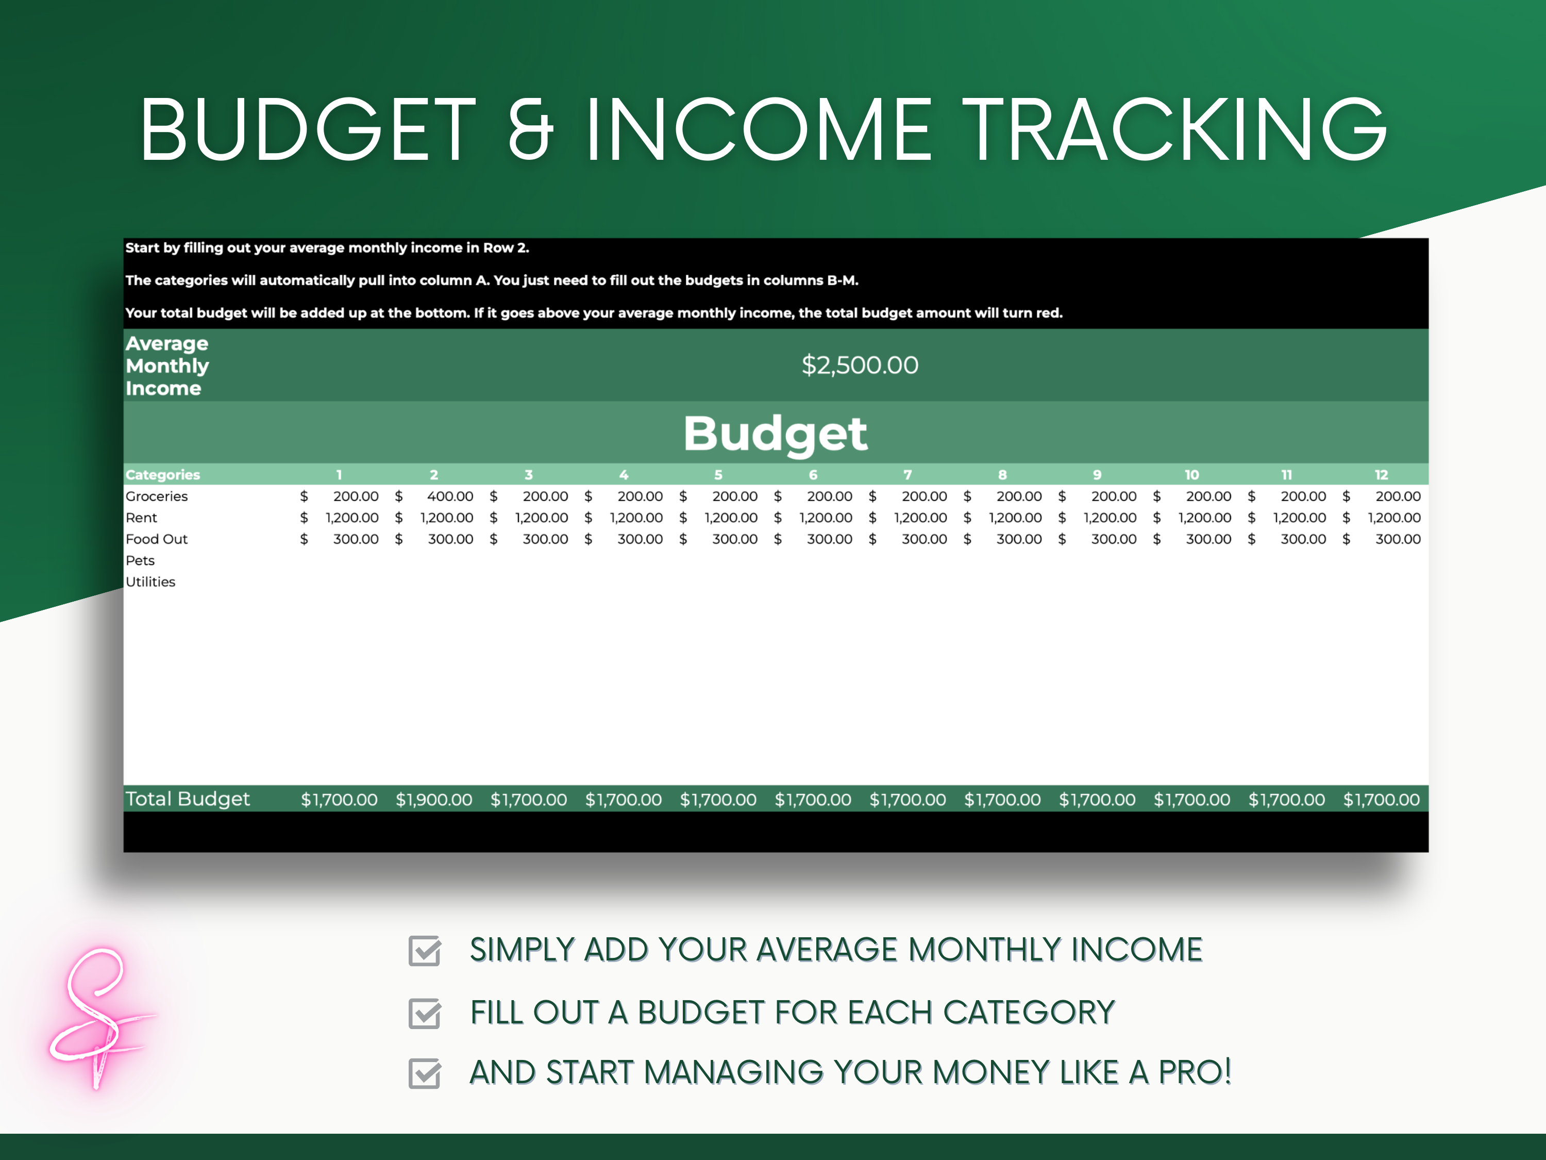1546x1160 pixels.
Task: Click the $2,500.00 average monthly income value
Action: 860,365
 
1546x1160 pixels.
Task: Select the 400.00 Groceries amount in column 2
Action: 450,496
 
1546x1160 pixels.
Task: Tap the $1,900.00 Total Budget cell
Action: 434,799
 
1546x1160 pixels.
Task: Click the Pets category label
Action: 140,560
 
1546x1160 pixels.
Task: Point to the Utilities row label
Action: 150,582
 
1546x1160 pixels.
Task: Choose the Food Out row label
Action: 157,539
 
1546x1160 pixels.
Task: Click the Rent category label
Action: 141,518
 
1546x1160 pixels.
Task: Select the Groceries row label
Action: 157,496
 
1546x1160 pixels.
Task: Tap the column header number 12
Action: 1381,475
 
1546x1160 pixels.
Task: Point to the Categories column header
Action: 163,475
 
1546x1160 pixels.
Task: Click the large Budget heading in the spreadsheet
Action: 775,434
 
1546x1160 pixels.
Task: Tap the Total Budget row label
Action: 187,799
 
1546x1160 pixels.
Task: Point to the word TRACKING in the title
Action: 1175,129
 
